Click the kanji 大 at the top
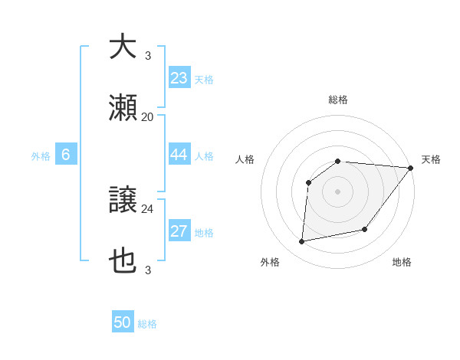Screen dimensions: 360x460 coord(122,47)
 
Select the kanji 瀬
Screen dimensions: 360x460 coord(122,108)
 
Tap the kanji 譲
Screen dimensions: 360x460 coord(122,200)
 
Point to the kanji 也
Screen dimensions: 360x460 coord(122,260)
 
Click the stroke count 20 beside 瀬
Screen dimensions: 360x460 coord(147,116)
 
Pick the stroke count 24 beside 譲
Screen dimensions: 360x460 coord(147,208)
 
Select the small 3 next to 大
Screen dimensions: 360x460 coord(147,56)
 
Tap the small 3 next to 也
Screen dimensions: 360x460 coord(147,270)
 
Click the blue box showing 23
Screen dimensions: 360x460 coord(179,78)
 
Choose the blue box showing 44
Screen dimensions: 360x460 coord(179,155)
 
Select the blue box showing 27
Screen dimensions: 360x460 coord(179,231)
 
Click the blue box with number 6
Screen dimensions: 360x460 coord(66,155)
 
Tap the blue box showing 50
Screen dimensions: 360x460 coord(123,322)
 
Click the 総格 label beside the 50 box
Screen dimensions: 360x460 coord(147,324)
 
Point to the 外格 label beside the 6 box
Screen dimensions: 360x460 coord(41,156)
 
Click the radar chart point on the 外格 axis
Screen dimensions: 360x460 coord(302,242)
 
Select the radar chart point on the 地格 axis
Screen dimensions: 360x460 coord(365,229)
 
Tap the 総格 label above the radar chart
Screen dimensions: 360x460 coord(338,100)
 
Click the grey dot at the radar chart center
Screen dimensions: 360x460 coord(338,191)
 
